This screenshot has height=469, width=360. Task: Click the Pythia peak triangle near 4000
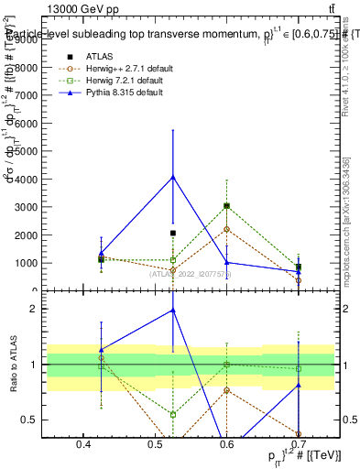172,177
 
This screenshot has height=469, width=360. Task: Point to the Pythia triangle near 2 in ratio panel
172,311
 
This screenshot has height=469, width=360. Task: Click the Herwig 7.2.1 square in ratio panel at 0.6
226,365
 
